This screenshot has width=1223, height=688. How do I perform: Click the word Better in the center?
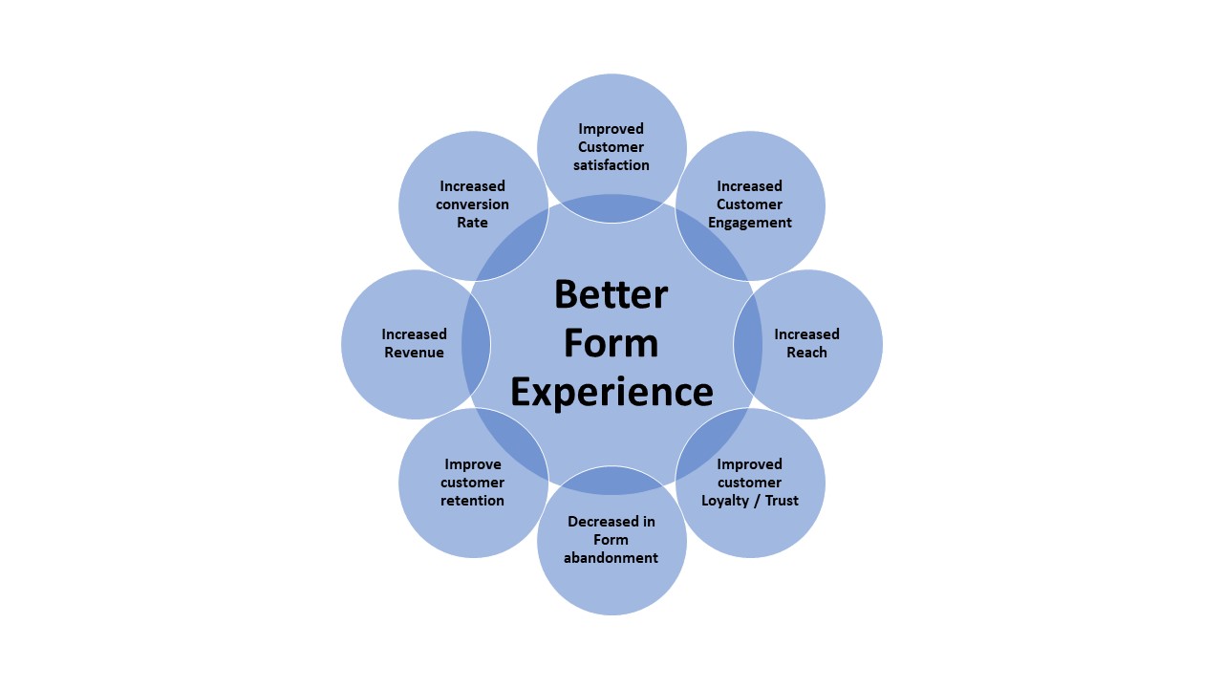pyautogui.click(x=611, y=293)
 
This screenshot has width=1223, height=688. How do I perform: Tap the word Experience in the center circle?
pyautogui.click(x=611, y=392)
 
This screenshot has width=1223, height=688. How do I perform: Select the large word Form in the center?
pyautogui.click(x=611, y=342)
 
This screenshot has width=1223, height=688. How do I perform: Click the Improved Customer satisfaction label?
pyautogui.click(x=611, y=147)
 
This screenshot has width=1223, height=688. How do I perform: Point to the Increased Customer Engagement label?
pyautogui.click(x=750, y=204)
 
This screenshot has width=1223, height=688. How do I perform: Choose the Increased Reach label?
pyautogui.click(x=806, y=343)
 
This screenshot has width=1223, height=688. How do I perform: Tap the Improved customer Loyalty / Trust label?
pyautogui.click(x=750, y=483)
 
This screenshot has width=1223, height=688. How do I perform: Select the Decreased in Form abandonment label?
pyautogui.click(x=611, y=540)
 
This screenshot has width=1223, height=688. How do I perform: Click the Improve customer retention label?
pyautogui.click(x=472, y=483)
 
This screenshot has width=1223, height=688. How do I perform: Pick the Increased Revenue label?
pyautogui.click(x=415, y=343)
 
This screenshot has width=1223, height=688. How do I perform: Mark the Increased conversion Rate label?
pyautogui.click(x=472, y=204)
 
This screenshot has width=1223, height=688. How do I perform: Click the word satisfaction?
pyautogui.click(x=611, y=165)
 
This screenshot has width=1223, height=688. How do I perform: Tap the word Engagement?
pyautogui.click(x=750, y=223)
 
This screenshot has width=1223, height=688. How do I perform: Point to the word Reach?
pyautogui.click(x=806, y=353)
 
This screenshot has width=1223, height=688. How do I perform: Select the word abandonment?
pyautogui.click(x=611, y=558)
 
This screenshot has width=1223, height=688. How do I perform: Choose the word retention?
pyautogui.click(x=472, y=501)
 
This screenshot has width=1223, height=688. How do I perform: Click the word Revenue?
pyautogui.click(x=415, y=353)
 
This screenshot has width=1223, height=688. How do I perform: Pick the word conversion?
pyautogui.click(x=472, y=204)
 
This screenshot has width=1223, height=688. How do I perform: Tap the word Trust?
pyautogui.click(x=780, y=501)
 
